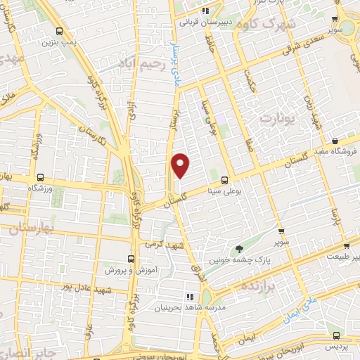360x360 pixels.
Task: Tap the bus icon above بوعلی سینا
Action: (x=224, y=179)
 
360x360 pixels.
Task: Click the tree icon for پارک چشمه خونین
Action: (x=239, y=249)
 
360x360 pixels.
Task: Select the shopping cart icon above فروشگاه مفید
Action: (x=335, y=141)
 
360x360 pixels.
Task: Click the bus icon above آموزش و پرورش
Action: (x=130, y=259)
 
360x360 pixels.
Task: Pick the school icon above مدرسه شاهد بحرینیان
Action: (x=188, y=297)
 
